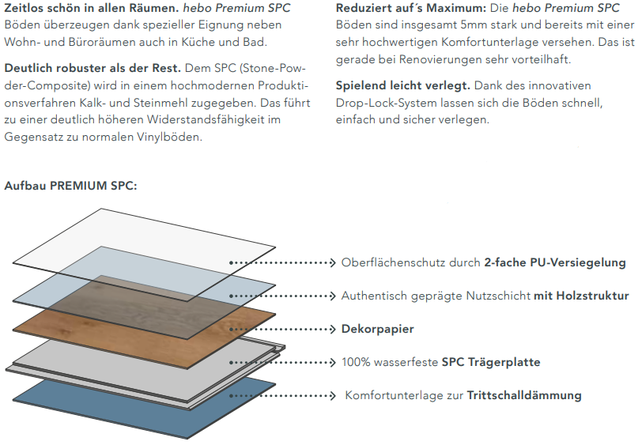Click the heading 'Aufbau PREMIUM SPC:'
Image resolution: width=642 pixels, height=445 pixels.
tap(70, 186)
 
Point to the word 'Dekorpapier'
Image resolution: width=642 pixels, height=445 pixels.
tap(377, 329)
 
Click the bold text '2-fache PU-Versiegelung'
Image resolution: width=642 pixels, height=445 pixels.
tap(554, 262)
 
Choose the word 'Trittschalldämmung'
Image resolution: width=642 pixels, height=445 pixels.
tap(524, 395)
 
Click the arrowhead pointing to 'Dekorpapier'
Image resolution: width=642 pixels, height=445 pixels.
tap(333, 329)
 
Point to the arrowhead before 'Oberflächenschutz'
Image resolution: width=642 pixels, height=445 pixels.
tap(333, 262)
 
